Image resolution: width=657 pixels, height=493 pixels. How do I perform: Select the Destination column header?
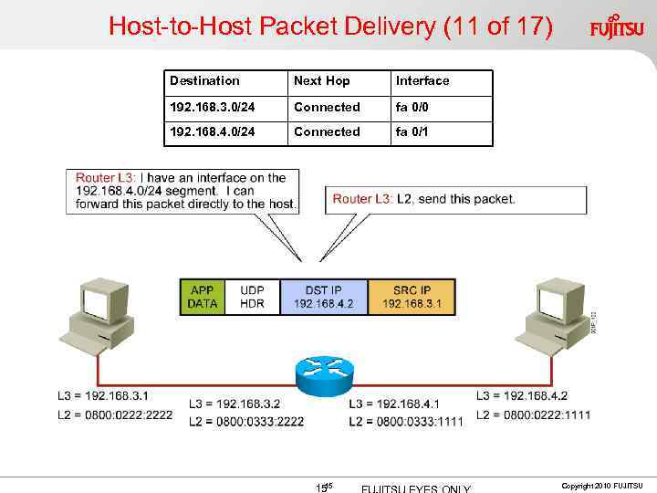tap(204, 81)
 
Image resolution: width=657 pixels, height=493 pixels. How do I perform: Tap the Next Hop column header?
tap(321, 81)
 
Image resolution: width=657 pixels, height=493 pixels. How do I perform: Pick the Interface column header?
tap(422, 81)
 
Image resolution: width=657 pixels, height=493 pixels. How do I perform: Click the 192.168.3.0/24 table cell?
tap(212, 107)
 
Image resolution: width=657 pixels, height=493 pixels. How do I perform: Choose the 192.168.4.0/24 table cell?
tap(212, 131)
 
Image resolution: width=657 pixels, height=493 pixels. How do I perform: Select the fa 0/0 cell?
tap(412, 107)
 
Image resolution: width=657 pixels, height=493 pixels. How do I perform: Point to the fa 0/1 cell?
tap(412, 131)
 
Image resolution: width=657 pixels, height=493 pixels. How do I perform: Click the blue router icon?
tap(325, 369)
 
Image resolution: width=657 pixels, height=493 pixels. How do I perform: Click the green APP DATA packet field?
tap(203, 297)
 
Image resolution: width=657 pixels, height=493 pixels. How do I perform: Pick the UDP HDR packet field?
tap(252, 297)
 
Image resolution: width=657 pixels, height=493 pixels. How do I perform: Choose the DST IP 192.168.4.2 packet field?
tap(323, 297)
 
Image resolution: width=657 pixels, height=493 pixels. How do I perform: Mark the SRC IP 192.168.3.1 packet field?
tap(411, 297)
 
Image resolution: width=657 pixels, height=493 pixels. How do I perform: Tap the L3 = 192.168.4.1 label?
tap(395, 404)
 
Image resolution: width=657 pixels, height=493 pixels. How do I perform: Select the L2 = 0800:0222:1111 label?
tap(533, 414)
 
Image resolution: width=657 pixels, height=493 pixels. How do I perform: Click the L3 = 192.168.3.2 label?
tap(235, 404)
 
